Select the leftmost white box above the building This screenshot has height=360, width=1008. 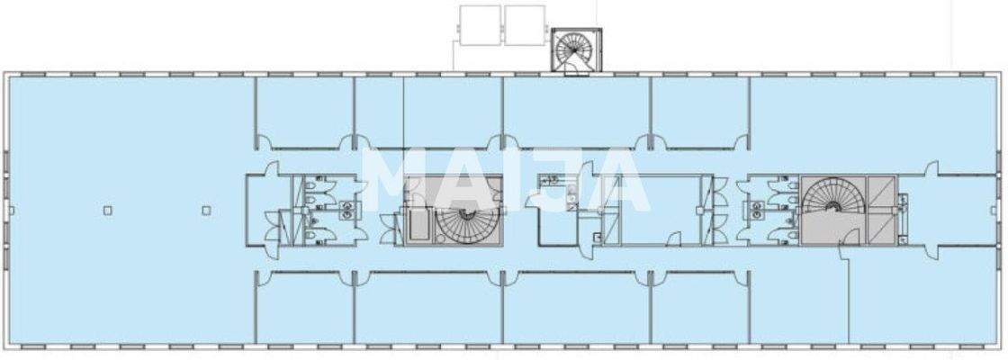[x=479, y=24]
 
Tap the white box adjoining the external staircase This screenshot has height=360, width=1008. [x=525, y=24]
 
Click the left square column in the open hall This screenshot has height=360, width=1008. [x=107, y=211]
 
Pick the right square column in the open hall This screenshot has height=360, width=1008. [x=206, y=211]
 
